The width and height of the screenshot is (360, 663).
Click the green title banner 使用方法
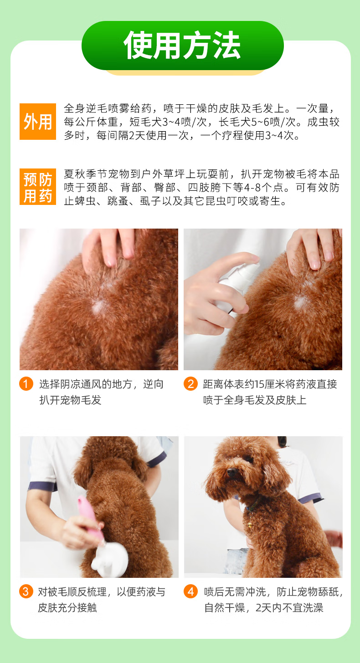click(x=183, y=46)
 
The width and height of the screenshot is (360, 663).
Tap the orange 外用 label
click(x=38, y=121)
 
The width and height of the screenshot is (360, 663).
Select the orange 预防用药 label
click(x=38, y=187)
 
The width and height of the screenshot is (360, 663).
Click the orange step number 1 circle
click(x=26, y=383)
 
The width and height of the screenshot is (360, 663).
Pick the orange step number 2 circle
click(x=190, y=383)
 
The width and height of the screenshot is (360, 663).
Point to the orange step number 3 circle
click(x=26, y=592)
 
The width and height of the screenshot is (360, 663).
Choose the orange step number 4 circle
click(x=190, y=592)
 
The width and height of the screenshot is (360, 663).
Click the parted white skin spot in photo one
click(x=98, y=306)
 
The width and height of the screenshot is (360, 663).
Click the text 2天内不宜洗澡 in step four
click(x=289, y=607)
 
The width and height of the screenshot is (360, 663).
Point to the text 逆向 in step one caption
click(x=153, y=384)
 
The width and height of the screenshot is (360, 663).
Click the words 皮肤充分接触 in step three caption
click(x=67, y=607)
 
